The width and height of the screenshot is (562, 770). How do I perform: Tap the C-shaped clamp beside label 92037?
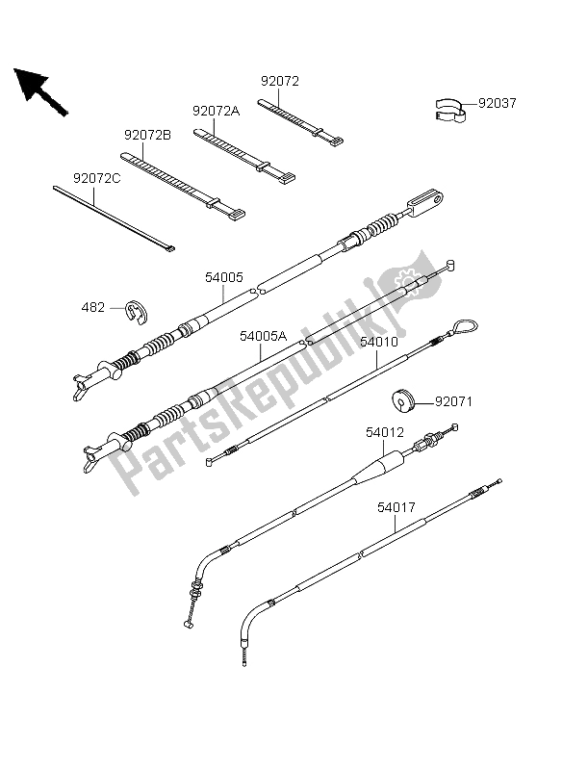450,109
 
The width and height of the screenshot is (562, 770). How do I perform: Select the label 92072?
279,81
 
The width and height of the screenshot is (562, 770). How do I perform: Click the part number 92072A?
216,111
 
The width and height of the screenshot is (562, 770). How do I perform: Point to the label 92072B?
147,135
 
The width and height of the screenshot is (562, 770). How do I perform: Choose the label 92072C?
96,178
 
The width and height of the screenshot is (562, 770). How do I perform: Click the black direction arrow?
40,91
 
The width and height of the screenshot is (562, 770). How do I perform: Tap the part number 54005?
224,277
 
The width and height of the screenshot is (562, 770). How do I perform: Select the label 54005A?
263,336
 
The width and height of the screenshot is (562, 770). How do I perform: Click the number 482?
92,307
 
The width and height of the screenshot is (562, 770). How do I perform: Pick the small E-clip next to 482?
138,312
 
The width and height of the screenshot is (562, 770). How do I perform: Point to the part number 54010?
378,342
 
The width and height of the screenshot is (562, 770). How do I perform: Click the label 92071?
453,401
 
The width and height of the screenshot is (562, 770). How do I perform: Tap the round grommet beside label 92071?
403,400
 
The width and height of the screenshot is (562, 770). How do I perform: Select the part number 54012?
385,432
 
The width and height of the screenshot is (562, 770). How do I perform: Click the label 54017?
396,507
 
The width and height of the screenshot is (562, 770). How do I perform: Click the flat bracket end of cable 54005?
426,203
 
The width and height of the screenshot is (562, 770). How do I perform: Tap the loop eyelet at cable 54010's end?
465,326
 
